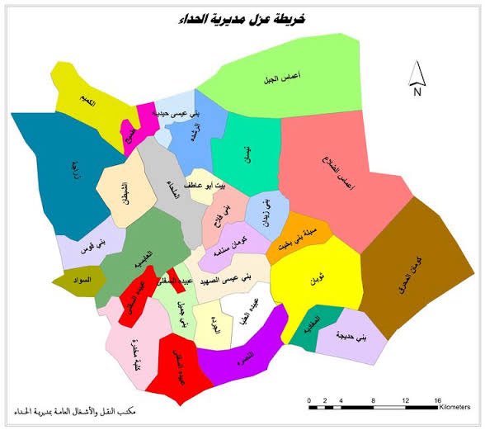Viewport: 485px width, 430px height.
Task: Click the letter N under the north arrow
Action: click(418, 92)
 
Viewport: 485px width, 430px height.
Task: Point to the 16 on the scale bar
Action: click(438, 399)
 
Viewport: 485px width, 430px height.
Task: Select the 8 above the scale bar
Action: click(374, 399)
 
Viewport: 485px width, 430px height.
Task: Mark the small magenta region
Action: click(145, 114)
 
